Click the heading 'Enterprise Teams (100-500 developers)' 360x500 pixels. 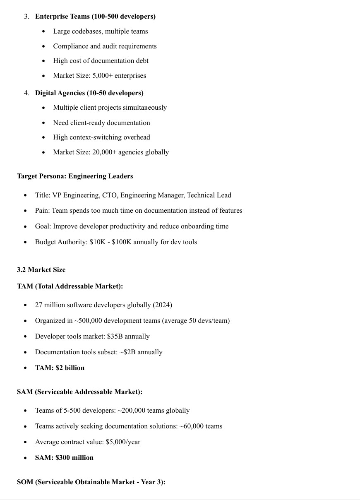click(x=95, y=17)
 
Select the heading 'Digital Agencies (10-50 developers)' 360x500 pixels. click(x=89, y=93)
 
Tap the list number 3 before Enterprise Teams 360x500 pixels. click(x=26, y=17)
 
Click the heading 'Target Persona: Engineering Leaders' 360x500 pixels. click(x=75, y=176)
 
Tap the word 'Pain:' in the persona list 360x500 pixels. click(x=42, y=210)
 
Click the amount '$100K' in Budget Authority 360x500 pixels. click(x=121, y=242)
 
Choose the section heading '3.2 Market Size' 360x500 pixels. click(x=41, y=269)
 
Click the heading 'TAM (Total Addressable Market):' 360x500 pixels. click(x=70, y=286)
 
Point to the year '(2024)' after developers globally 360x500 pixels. click(x=162, y=305)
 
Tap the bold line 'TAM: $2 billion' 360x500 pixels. click(x=60, y=368)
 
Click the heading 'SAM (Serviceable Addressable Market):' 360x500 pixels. click(x=79, y=392)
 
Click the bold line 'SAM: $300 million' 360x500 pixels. click(x=64, y=457)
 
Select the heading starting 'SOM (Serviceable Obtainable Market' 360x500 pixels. click(x=91, y=482)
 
